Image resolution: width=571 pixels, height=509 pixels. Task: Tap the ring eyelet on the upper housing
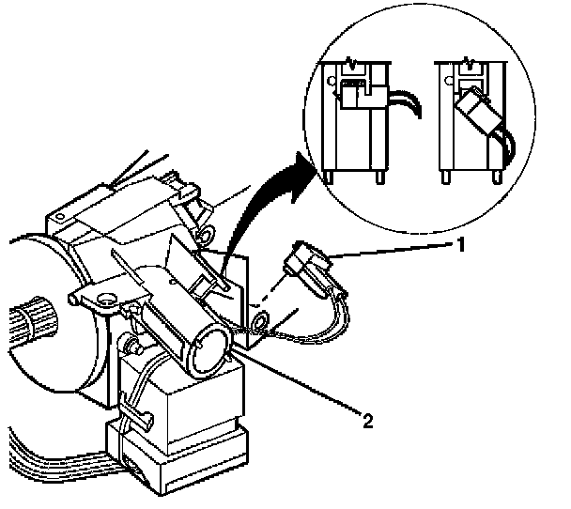pos(206,229)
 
